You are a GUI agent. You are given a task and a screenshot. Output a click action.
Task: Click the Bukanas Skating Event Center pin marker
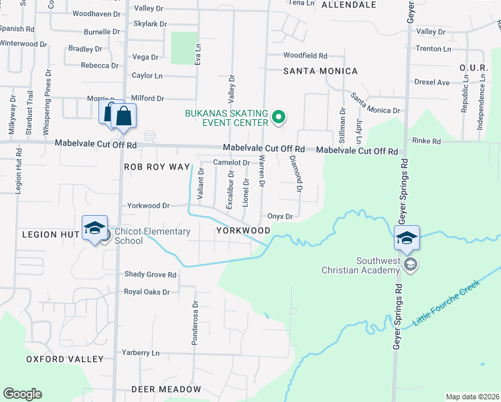pos(279,119)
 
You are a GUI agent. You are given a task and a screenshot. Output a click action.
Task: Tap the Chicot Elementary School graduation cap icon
pos(95,227)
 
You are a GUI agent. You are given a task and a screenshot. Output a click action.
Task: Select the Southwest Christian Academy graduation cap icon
pos(407,237)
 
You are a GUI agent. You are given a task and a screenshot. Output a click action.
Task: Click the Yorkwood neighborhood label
pos(243,230)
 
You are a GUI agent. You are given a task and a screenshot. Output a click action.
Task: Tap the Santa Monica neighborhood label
pos(320,71)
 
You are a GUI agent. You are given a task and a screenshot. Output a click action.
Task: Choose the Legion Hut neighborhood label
pos(47,234)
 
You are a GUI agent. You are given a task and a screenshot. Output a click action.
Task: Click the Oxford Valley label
pos(65,359)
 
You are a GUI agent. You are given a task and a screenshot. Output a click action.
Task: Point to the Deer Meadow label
pos(165,389)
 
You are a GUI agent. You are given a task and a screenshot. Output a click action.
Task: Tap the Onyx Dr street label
pos(280,216)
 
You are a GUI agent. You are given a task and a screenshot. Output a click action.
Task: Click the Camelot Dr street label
pos(231,162)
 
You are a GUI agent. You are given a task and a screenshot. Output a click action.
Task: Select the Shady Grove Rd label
pos(150,275)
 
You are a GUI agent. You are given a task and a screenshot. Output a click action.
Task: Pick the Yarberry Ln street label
pos(141,352)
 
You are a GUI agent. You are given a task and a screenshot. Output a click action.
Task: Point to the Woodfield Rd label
pos(305,56)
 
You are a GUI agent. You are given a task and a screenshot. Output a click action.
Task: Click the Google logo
pos(22,394)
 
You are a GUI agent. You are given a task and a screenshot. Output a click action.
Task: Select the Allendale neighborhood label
pos(349,5)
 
